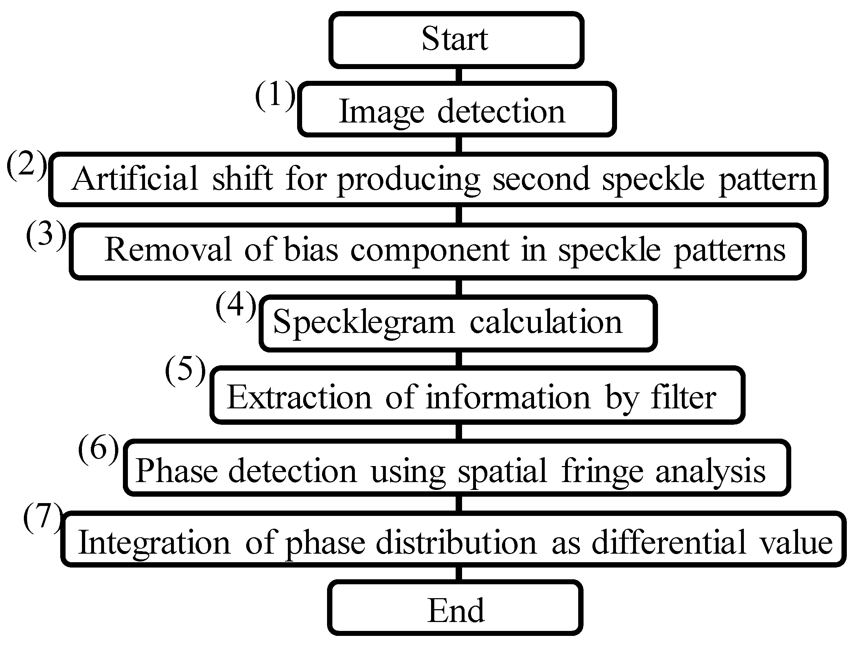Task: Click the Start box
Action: pyautogui.click(x=456, y=40)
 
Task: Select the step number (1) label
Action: pyautogui.click(x=275, y=95)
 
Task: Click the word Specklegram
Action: pyautogui.click(x=363, y=323)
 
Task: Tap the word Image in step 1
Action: pyautogui.click(x=381, y=112)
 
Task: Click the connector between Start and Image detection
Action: pyautogui.click(x=459, y=74)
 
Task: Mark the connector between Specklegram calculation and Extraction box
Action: pyautogui.click(x=459, y=359)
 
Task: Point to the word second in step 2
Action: pyautogui.click(x=540, y=179)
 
